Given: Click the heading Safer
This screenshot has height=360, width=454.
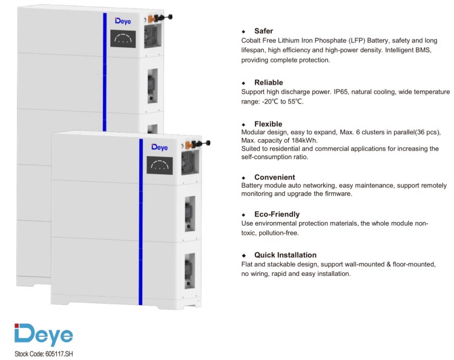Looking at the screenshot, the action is [263, 31].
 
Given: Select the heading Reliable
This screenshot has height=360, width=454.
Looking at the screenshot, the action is [268, 82].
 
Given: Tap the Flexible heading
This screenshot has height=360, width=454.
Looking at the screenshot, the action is [268, 124].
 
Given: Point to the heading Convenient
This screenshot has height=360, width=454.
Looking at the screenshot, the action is [274, 177].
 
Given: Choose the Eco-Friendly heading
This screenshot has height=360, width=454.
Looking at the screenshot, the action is [277, 214].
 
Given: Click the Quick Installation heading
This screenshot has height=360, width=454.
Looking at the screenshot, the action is [285, 255].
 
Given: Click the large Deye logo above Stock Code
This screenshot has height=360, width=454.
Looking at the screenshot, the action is [44, 335].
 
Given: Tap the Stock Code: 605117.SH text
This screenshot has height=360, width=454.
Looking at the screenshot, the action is [44, 354].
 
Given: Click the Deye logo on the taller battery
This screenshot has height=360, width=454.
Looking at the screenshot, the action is [123, 21].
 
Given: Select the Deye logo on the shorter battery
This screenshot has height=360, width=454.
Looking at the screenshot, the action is [160, 147].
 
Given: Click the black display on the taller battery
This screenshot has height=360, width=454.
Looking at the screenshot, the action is [123, 39].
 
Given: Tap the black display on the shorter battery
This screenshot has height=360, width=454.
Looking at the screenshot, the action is [160, 165].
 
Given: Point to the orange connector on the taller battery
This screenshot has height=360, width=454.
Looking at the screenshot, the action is [152, 19].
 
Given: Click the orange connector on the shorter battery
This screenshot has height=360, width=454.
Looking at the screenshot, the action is [189, 145].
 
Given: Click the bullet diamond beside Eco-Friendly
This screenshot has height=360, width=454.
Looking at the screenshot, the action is [243, 215].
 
